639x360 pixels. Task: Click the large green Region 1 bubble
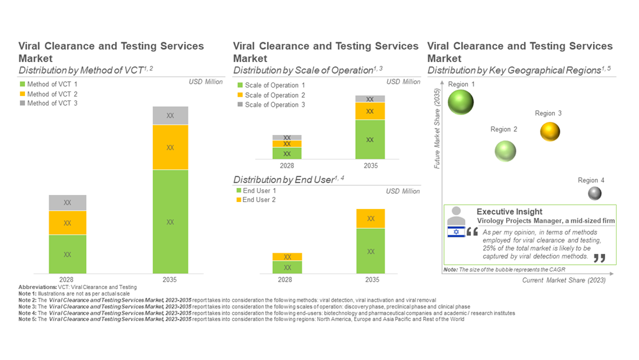coord(460,102)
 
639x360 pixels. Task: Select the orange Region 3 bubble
coord(550,131)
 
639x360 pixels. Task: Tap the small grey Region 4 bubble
coord(594,193)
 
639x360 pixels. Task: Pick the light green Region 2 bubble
coord(505,151)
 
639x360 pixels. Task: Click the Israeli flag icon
coord(456,232)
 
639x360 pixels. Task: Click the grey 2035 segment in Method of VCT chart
coord(170,116)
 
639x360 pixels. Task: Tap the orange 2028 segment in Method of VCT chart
coord(67,223)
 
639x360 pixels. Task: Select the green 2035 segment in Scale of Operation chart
coord(371,139)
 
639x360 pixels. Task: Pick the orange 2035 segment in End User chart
coord(371,219)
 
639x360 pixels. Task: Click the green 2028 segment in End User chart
coord(287,267)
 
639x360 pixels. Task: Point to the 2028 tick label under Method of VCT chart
coord(66,279)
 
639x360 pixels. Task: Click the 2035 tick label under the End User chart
coord(371,279)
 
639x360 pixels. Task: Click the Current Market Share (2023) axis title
coord(563,280)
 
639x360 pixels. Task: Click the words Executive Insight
coord(509,212)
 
